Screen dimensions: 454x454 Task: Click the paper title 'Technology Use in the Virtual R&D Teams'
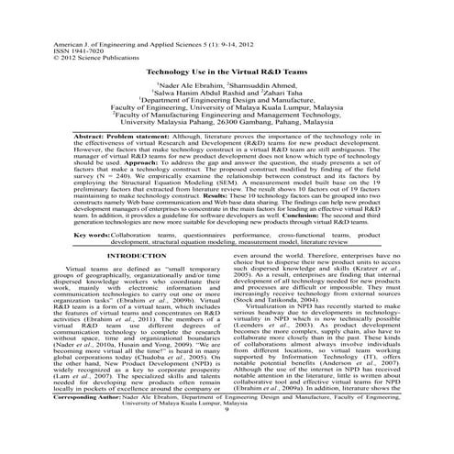pos(226,69)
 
